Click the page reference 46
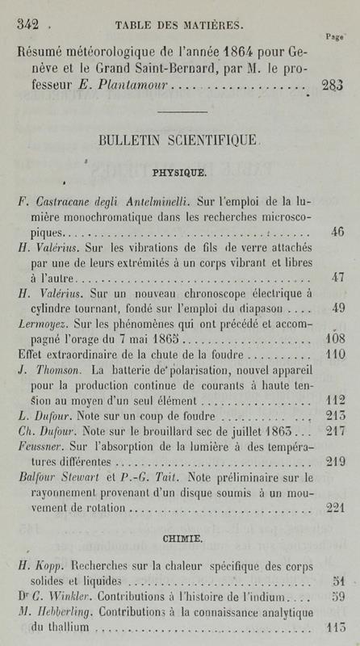coord(337,232)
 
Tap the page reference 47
coord(337,278)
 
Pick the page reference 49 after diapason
coord(337,308)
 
